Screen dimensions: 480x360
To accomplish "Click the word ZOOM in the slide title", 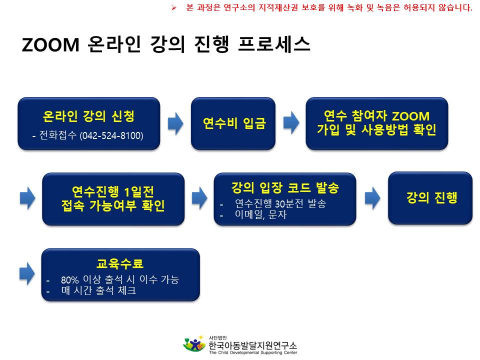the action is coord(51,44).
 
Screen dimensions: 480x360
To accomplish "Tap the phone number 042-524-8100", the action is coord(111,135).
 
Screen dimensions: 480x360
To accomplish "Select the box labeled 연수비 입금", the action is coord(233,123).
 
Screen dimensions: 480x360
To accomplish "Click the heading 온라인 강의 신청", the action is coord(88,116).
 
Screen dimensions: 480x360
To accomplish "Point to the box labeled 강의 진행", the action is coord(430,198).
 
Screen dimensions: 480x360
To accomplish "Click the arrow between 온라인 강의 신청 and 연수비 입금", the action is coord(175,123).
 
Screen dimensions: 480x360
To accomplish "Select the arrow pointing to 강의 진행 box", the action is coord(372,198).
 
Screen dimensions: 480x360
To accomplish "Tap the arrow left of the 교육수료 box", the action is coord(27,273).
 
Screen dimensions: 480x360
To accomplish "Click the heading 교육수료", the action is coord(120,263).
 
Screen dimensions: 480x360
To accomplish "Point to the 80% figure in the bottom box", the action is coord(70,280).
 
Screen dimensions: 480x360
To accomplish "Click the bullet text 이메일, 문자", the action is coord(260,214).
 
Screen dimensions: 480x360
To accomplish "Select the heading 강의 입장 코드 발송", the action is coord(285,187).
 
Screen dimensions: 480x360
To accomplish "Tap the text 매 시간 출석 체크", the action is coord(98,290).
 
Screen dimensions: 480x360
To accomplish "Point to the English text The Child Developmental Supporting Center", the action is coord(253,352).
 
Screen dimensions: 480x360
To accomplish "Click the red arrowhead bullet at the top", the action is coord(174,7).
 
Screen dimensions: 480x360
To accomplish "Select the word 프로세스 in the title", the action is coord(274,44).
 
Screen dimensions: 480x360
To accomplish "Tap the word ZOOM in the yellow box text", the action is coord(410,116).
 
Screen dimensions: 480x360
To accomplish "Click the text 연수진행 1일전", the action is coord(113,191).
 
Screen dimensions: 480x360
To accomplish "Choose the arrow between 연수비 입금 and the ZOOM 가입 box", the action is coord(291,123).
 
